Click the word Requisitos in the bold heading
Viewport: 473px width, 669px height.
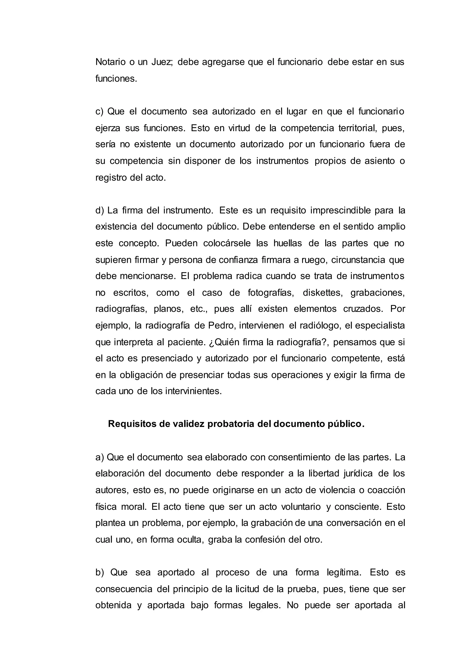[x=132, y=424]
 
